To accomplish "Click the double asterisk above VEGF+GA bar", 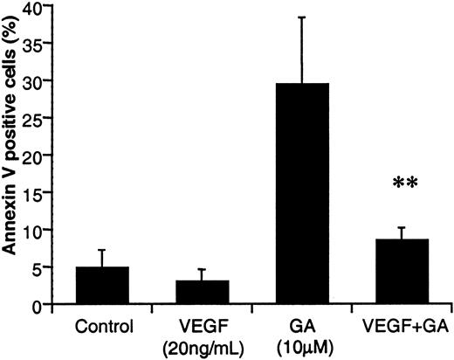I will tap(402, 187).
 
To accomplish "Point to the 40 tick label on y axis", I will tap(32, 7).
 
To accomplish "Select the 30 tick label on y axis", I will tap(32, 81).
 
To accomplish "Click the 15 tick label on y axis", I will tap(32, 193).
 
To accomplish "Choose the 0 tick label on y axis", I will tap(37, 305).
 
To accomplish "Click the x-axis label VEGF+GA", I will tap(402, 329).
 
